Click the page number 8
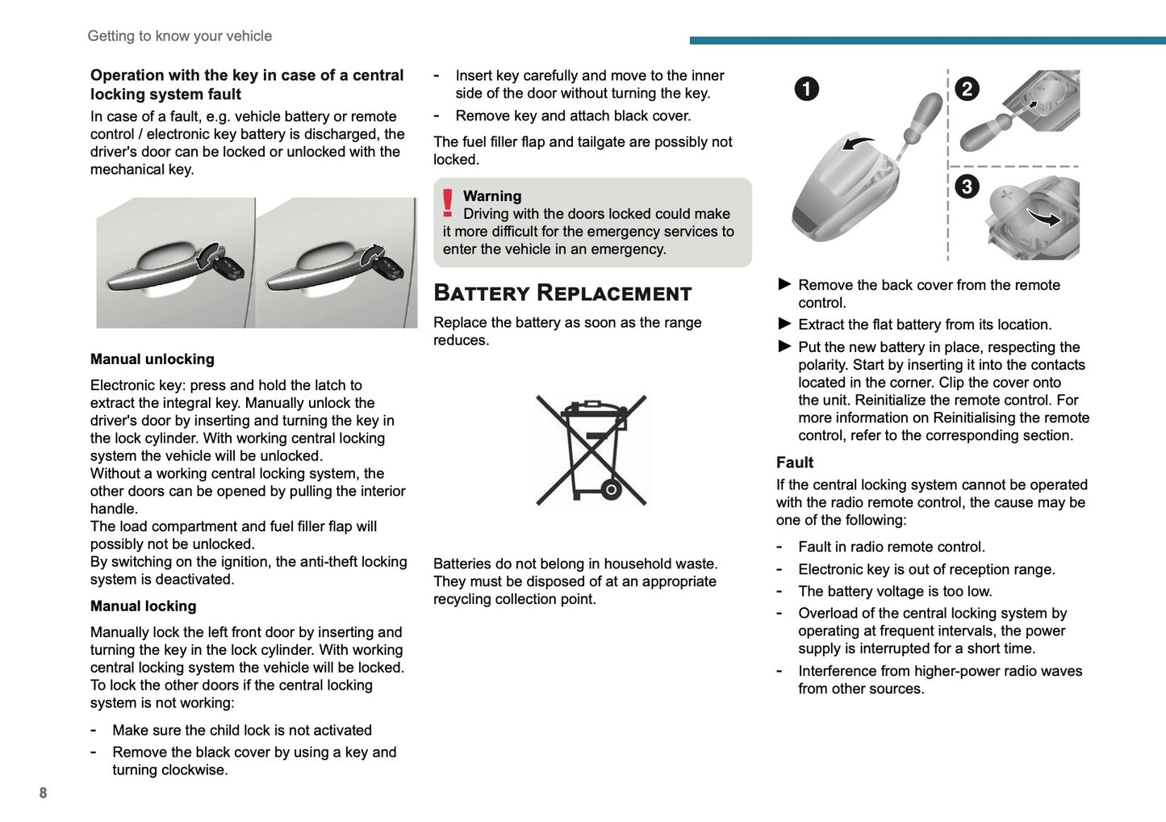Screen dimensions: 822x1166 point(43,793)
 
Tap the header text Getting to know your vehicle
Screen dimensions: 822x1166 point(179,36)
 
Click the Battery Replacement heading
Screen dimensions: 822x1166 point(562,293)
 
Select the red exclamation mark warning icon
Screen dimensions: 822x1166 point(448,203)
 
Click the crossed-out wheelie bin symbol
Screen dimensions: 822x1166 point(592,451)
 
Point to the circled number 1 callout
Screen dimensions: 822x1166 point(806,89)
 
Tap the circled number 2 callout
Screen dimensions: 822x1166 point(967,89)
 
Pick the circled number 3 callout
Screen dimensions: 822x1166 point(967,187)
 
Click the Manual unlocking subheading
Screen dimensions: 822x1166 point(153,359)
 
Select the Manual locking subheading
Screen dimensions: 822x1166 point(143,606)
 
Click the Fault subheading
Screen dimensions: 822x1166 point(795,463)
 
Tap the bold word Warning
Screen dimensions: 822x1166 point(492,196)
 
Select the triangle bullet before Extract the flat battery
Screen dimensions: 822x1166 point(784,324)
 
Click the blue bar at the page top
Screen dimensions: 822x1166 point(927,40)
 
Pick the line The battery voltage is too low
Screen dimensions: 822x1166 point(895,591)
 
